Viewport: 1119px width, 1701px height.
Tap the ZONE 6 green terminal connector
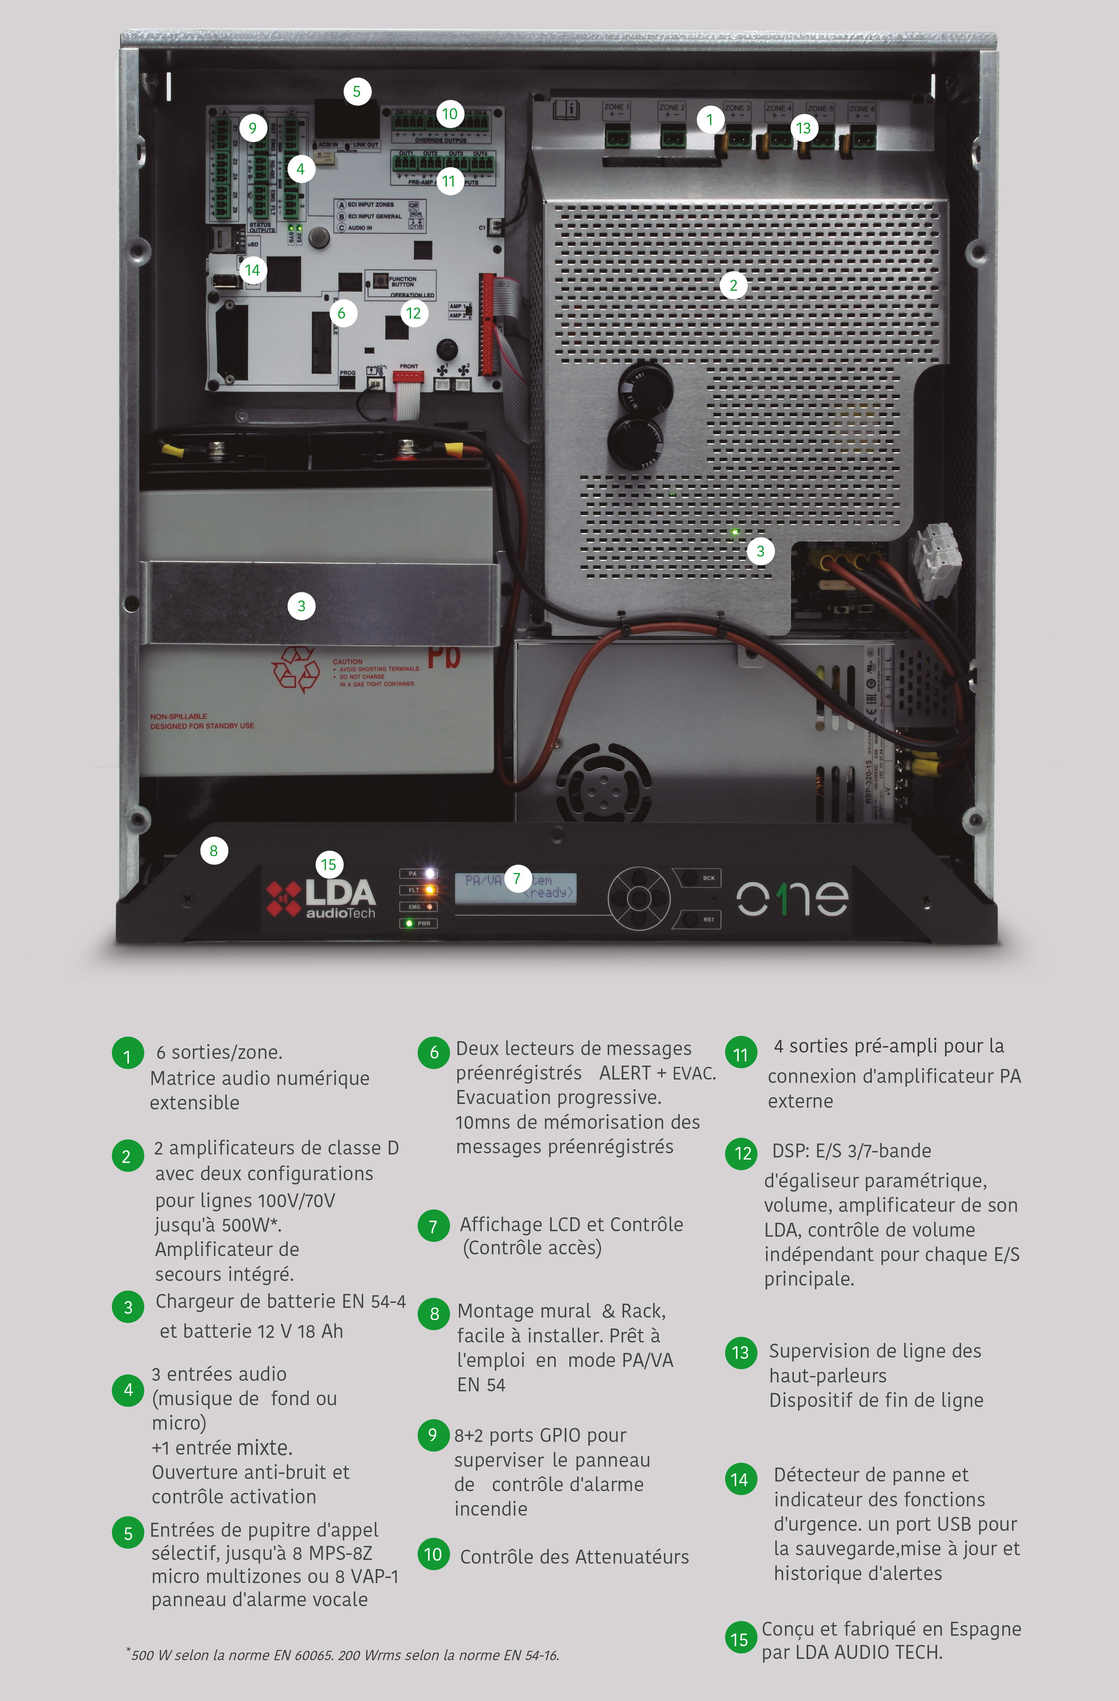[x=863, y=138]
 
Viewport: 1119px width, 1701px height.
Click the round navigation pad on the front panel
[x=639, y=898]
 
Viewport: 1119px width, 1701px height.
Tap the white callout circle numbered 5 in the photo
[x=357, y=91]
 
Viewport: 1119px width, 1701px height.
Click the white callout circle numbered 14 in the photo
[x=251, y=270]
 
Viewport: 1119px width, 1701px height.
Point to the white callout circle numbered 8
[x=214, y=850]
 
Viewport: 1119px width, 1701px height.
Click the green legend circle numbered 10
[x=433, y=1554]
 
